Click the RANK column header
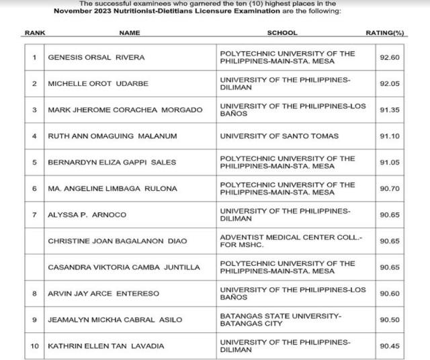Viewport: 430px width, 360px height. [34, 32]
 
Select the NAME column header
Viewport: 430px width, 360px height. [129, 32]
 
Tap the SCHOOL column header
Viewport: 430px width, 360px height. [282, 32]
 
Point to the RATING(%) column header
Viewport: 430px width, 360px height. [385, 32]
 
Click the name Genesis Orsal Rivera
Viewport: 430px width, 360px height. [96, 57]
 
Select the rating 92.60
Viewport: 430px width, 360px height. [389, 57]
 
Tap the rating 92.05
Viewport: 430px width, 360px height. [389, 83]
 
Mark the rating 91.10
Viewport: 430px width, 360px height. [389, 136]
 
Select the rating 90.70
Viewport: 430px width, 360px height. [389, 189]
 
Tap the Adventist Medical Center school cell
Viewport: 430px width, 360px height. [287, 240]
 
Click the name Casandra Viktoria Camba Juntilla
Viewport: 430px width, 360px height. [124, 267]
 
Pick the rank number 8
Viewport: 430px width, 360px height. [34, 294]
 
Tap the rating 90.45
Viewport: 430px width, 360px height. [389, 346]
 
